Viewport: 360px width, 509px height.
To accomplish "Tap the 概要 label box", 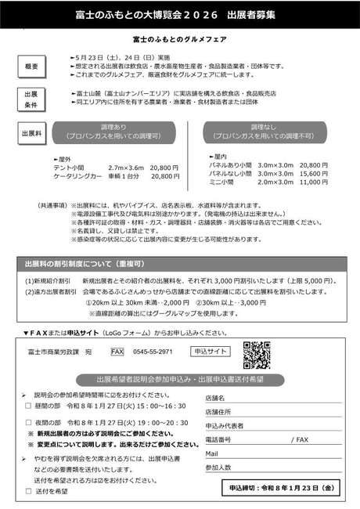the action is [x=31, y=67].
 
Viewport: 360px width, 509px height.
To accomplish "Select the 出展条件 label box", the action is [x=31, y=99].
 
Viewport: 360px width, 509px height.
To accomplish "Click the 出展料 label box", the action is [x=31, y=129].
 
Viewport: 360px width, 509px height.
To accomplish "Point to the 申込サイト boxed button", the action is [x=211, y=352].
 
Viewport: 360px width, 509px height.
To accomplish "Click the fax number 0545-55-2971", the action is [x=153, y=352].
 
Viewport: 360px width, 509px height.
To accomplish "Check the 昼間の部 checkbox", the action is [x=29, y=406].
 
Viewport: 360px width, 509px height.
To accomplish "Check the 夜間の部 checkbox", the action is [x=29, y=423].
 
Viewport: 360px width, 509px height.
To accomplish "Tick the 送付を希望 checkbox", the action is [x=29, y=491].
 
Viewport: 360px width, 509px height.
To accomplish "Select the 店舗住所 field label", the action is [x=218, y=412].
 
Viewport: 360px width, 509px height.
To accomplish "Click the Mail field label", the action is [x=212, y=453].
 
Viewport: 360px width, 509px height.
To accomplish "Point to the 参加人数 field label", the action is [x=218, y=467].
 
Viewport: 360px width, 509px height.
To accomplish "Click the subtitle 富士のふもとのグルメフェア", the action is [x=179, y=38].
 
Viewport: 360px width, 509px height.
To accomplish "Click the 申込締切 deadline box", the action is [x=290, y=488].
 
